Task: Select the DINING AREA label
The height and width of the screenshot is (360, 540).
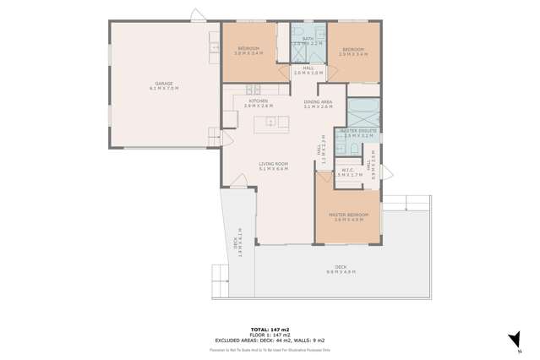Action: (x=318, y=103)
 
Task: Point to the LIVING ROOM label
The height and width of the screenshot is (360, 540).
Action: (x=273, y=166)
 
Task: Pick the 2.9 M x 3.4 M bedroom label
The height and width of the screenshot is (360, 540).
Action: (x=352, y=51)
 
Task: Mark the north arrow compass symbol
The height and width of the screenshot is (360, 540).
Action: (x=514, y=340)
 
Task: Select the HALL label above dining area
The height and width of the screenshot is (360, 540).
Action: (x=308, y=71)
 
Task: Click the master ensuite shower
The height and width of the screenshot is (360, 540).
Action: (x=363, y=112)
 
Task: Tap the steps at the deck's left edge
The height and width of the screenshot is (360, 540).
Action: (x=220, y=275)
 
